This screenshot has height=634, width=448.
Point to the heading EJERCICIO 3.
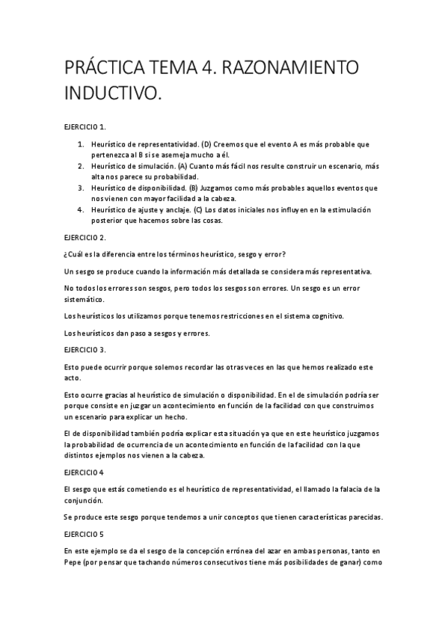(85, 349)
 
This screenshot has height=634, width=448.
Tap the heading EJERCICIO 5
(84, 535)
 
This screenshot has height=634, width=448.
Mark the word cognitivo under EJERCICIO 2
(326, 316)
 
